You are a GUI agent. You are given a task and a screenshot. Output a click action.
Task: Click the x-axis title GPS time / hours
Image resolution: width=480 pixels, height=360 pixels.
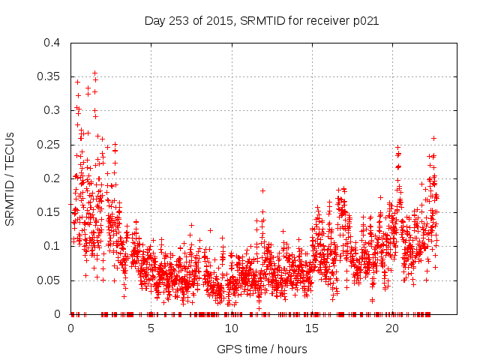[x=261, y=349]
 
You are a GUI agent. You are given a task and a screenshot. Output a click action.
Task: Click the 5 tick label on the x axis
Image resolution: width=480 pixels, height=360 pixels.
[x=151, y=328]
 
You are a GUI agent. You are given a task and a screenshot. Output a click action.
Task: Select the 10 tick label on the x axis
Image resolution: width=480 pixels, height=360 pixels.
[x=231, y=328]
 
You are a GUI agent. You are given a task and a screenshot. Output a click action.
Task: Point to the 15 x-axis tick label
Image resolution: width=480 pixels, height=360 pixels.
[x=311, y=328]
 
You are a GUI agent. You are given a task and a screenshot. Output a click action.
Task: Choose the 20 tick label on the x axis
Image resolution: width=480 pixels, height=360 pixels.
[x=391, y=328]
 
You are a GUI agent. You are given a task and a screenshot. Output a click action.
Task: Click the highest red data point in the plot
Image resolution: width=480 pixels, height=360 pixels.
[x=94, y=73]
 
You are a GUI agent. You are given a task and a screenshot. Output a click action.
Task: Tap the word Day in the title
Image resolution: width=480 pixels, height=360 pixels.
[x=154, y=21]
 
